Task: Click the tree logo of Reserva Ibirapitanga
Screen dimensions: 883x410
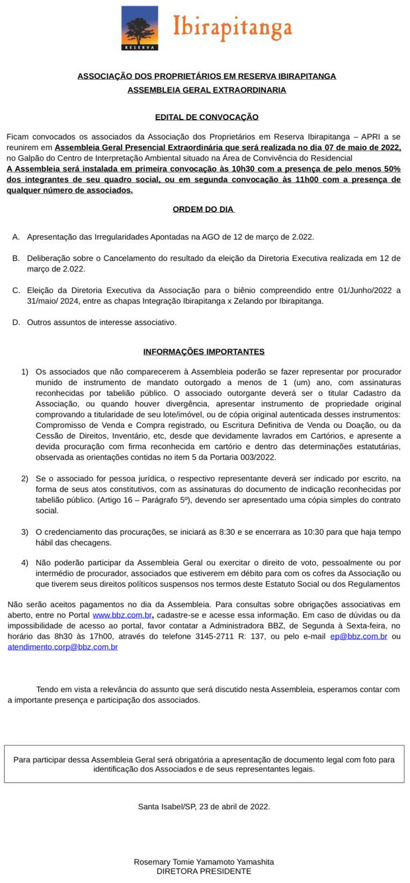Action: (140, 28)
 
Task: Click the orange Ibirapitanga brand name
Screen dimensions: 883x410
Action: (232, 28)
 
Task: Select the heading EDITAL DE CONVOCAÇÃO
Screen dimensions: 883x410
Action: (206, 117)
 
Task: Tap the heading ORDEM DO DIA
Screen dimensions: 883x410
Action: (204, 209)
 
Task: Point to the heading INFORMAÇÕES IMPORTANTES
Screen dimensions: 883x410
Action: (204, 352)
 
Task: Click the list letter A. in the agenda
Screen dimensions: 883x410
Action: (16, 236)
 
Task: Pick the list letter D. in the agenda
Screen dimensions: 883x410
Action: (16, 323)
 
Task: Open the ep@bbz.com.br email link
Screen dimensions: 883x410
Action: (358, 637)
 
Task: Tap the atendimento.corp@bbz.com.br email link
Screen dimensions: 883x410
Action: (63, 647)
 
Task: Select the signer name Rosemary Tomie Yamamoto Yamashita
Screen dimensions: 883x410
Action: (204, 862)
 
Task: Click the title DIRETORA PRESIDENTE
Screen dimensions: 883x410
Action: (204, 872)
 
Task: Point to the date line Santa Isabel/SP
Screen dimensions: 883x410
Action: (204, 806)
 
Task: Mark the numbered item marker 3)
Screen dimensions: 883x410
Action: (24, 532)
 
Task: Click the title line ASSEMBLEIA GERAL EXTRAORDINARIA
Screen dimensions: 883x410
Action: (206, 90)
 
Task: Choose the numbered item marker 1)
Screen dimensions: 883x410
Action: (24, 372)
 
